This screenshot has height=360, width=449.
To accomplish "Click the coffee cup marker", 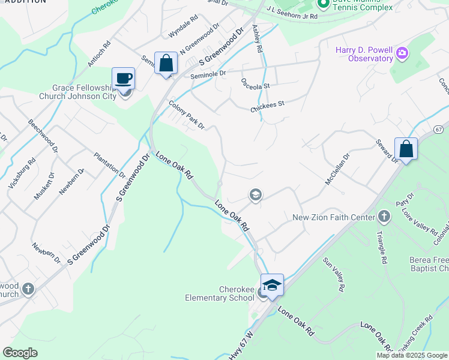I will [x=124, y=78].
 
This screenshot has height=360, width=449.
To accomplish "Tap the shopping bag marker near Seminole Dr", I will [x=166, y=63].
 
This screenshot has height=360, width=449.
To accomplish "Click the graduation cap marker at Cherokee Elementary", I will [x=272, y=284].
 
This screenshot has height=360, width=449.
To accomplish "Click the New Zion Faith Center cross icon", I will [x=384, y=217].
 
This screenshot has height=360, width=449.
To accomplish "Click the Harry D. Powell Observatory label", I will [x=364, y=53].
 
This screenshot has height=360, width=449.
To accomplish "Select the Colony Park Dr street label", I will [x=187, y=115].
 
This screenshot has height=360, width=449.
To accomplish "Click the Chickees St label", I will [x=267, y=106].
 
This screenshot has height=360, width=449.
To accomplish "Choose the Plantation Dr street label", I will [x=109, y=166].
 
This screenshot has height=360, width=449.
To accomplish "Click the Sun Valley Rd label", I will [x=334, y=275].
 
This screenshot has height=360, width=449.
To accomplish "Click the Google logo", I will [x=20, y=352].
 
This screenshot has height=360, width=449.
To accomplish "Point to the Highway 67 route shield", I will [x=439, y=129].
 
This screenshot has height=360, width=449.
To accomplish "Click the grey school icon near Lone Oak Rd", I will [x=255, y=195].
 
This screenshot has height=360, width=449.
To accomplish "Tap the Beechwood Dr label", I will [x=43, y=136].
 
